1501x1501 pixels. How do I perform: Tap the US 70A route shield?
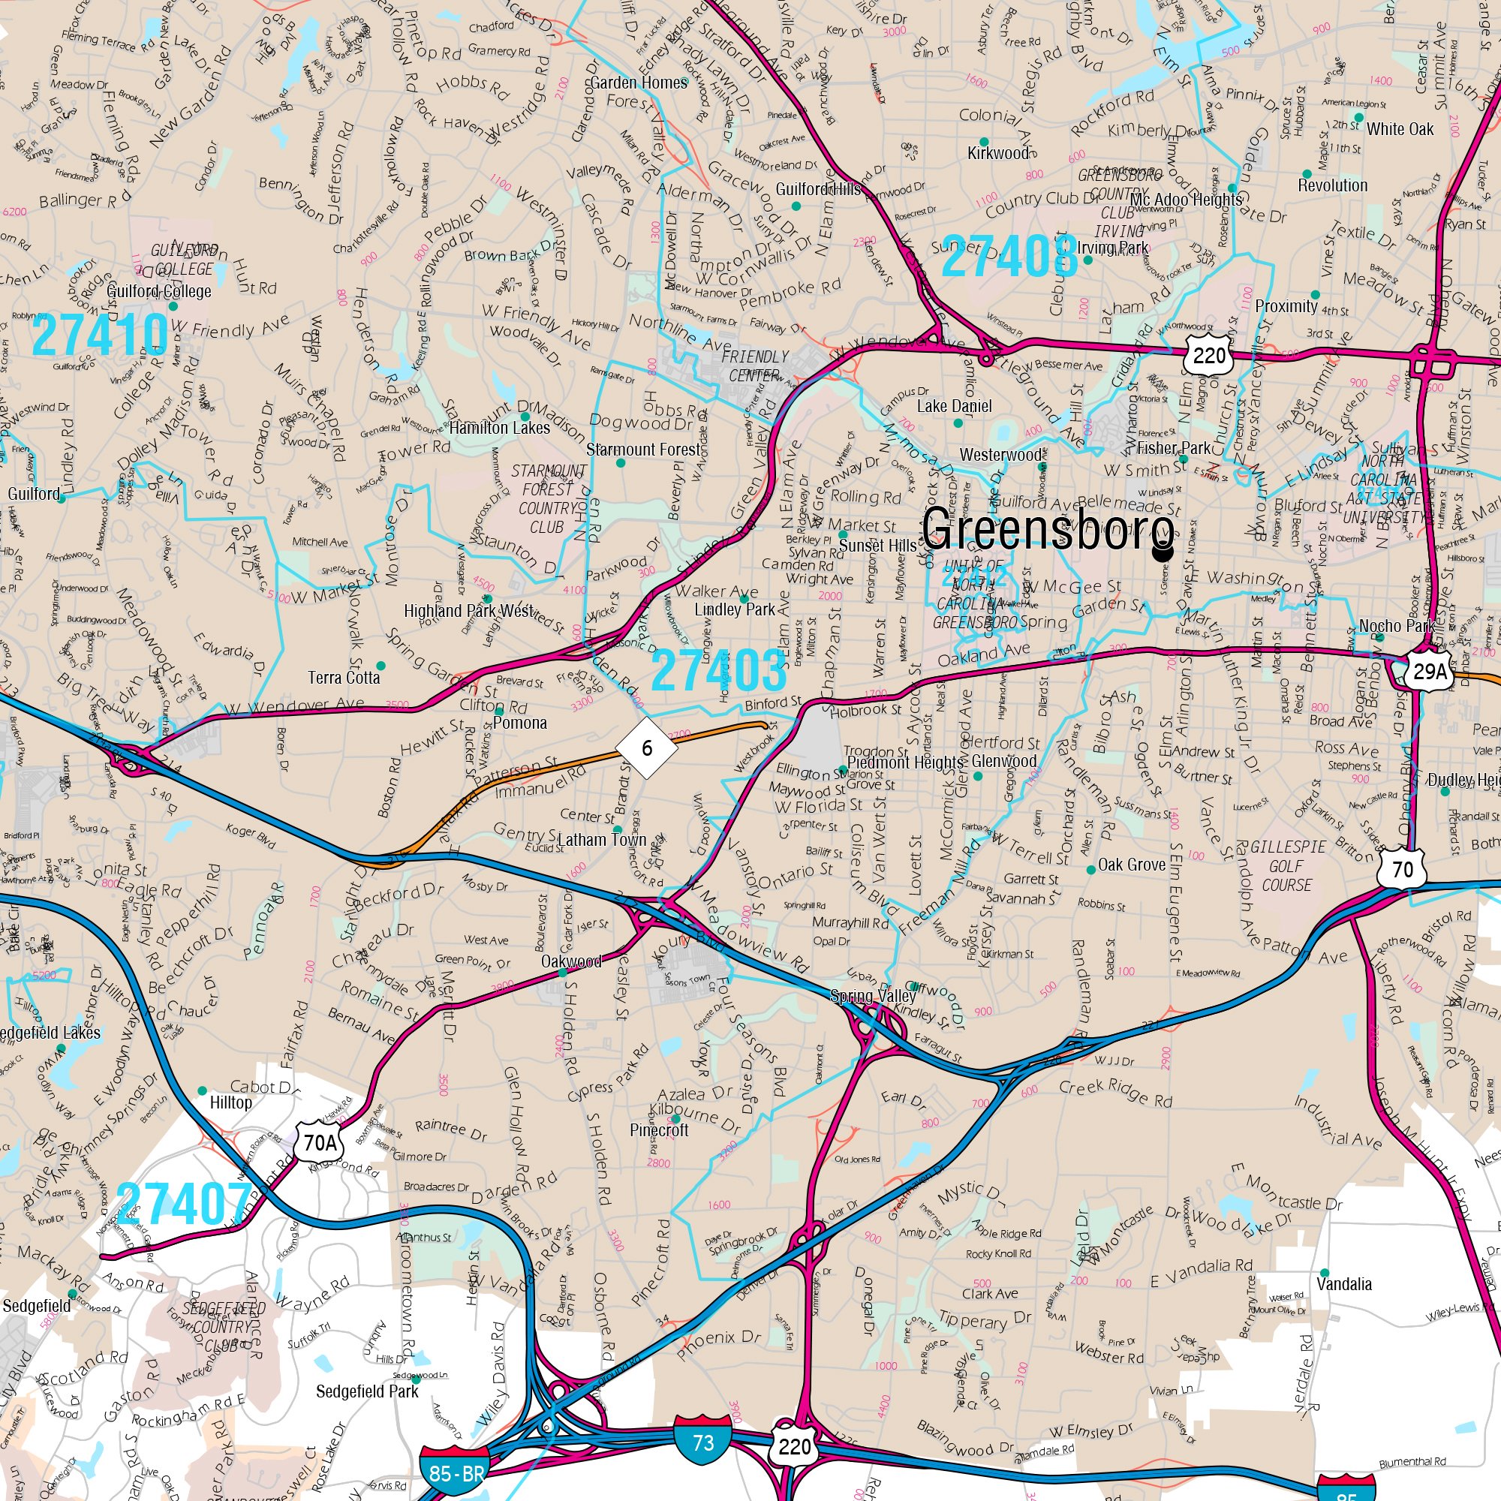pos(319,1142)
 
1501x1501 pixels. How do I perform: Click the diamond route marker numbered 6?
pos(646,747)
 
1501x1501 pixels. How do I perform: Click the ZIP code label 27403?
pos(719,669)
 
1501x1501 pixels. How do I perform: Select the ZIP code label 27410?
pos(101,335)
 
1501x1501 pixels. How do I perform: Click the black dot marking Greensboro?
pos(1163,553)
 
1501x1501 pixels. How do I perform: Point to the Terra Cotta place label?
pos(344,678)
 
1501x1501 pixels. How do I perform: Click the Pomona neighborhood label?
pos(520,723)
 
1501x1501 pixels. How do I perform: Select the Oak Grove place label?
pos(1131,865)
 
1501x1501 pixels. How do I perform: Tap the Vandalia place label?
pos(1344,1283)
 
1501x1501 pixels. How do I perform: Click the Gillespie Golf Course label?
pos(1287,865)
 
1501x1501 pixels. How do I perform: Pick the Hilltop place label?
pos(230,1102)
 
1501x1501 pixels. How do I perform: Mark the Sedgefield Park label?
pos(367,1391)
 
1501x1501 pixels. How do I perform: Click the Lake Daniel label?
pos(954,405)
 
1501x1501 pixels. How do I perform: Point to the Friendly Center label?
pos(754,366)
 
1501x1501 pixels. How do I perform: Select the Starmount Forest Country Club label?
pos(547,499)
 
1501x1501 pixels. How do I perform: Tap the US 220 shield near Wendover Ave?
pos(1210,356)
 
